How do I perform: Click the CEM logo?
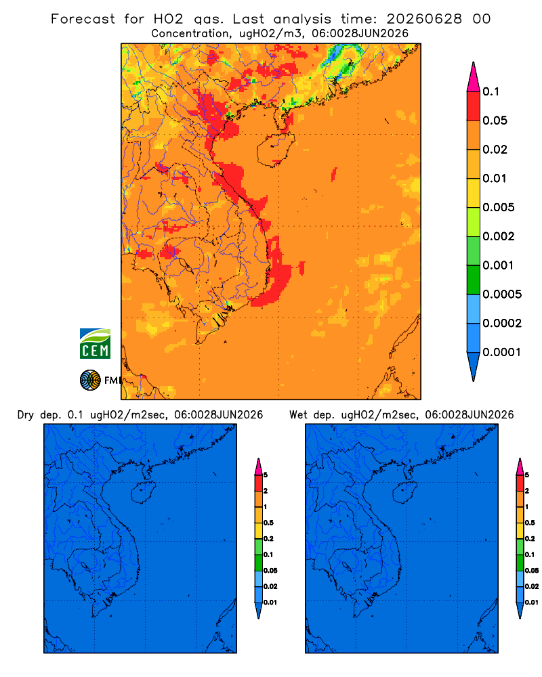(95, 344)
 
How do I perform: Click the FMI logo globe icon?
(90, 380)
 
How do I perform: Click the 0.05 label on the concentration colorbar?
(495, 121)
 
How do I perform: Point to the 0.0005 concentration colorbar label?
(502, 294)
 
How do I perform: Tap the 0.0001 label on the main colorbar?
(502, 352)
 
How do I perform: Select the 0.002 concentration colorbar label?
(499, 236)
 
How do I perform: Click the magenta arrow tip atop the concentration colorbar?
(474, 63)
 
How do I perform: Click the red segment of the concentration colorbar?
(474, 106)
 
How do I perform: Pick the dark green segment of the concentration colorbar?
(474, 280)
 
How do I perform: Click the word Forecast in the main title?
(83, 19)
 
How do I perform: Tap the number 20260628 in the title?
(424, 19)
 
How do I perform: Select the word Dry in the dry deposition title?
(26, 416)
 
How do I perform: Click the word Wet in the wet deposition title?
(298, 415)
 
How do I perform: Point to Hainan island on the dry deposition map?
(144, 492)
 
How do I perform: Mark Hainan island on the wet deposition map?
(405, 492)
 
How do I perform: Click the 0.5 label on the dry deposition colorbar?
(268, 523)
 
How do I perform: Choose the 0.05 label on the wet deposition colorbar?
(532, 571)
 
